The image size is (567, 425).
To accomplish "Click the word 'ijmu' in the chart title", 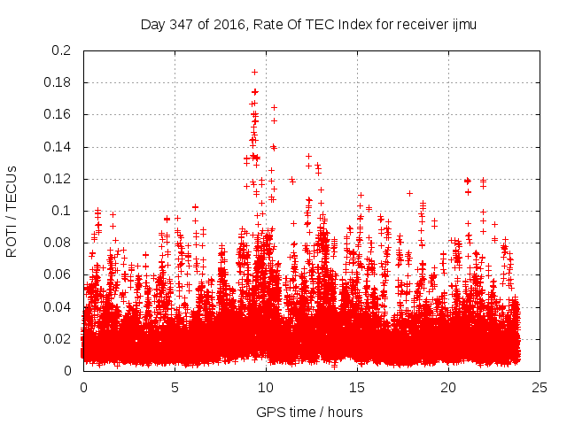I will tap(462, 25).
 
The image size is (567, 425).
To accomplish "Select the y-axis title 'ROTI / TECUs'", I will tap(12, 211).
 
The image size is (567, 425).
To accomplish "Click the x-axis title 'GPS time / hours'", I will tap(309, 412).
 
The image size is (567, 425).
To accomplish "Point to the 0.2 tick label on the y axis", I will tap(61, 50).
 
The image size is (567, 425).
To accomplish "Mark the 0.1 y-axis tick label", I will tap(61, 211).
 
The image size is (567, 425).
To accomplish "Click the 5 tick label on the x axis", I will tap(175, 387).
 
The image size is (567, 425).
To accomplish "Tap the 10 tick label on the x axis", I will tap(266, 387).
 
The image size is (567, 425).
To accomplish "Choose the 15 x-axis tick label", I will tap(357, 387).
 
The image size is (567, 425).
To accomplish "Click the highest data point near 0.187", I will tap(254, 72).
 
